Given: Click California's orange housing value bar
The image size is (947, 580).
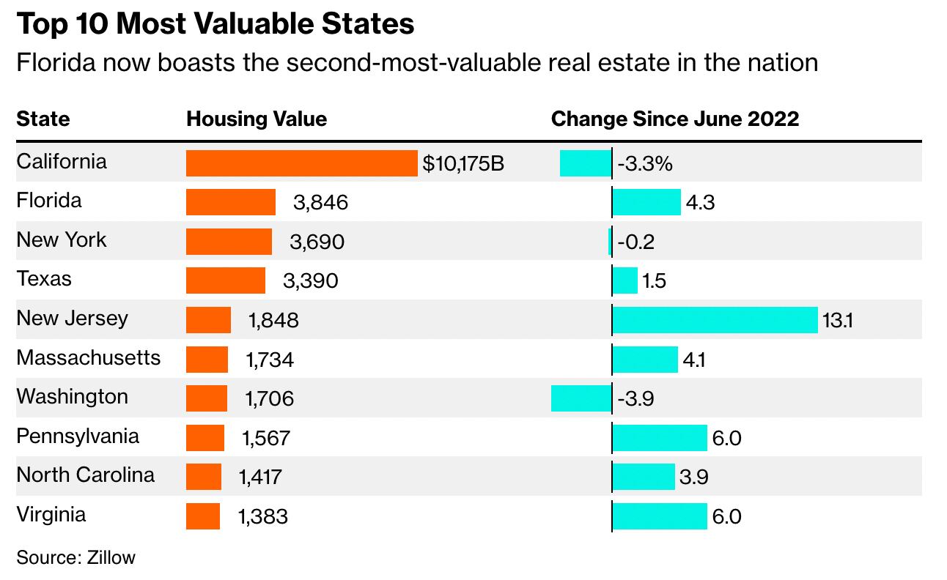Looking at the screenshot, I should (x=301, y=163).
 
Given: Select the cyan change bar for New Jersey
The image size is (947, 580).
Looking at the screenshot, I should (x=715, y=320).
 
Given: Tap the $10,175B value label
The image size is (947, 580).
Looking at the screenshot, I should (x=463, y=163).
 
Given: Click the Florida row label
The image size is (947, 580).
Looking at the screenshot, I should (x=49, y=201).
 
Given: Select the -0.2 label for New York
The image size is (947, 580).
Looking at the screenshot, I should (x=635, y=242).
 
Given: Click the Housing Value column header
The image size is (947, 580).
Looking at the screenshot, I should (x=257, y=119).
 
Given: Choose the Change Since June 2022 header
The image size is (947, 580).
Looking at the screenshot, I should (x=674, y=119).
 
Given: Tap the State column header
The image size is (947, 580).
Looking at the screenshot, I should (x=43, y=119).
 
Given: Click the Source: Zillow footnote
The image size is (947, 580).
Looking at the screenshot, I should (x=76, y=557).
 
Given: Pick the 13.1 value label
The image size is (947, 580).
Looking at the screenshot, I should (x=838, y=321).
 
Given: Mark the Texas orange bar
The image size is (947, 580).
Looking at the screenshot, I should (x=226, y=280).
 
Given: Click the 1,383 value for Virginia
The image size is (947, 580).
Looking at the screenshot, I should (x=263, y=517).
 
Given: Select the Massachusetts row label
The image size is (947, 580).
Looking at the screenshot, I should (x=88, y=357).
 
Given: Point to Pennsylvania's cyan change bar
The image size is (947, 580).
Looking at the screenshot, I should (x=660, y=438).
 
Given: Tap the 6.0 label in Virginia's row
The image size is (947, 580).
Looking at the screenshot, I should (x=726, y=517).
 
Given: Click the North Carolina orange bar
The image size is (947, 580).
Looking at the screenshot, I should (x=204, y=477).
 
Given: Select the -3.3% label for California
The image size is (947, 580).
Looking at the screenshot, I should (x=645, y=163).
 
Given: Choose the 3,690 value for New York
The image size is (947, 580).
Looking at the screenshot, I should (x=317, y=242).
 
